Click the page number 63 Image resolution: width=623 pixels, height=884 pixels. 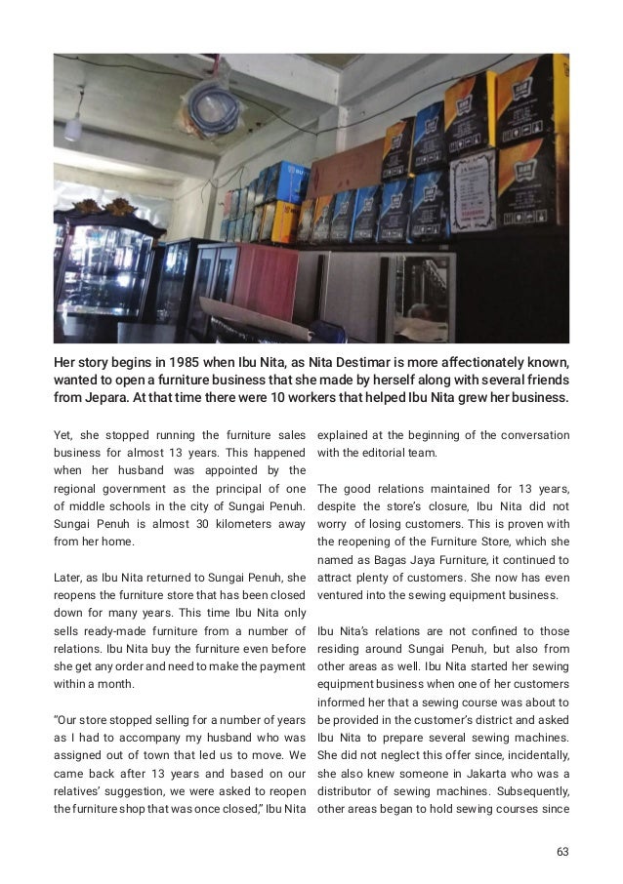[562, 852]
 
